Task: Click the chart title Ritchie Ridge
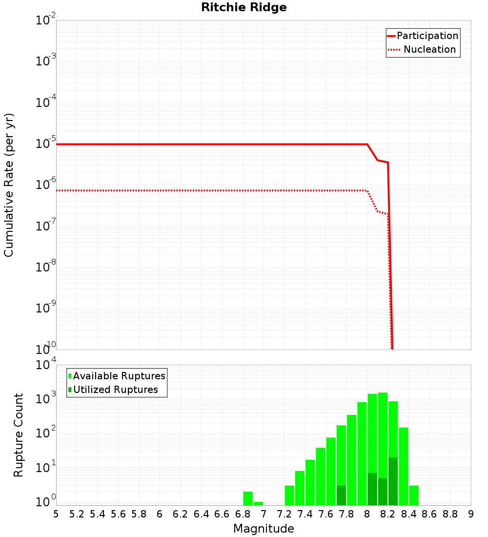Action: click(x=244, y=7)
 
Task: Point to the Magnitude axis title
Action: click(x=264, y=529)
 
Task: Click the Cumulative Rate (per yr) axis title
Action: click(x=9, y=185)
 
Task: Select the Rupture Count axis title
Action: click(x=19, y=435)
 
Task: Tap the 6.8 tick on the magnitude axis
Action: click(x=243, y=514)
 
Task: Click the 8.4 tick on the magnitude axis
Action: click(x=408, y=514)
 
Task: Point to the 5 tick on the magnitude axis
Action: click(x=56, y=514)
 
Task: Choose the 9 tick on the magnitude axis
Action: click(x=470, y=514)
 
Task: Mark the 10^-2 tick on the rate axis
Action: click(x=45, y=21)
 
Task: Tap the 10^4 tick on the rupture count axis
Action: click(x=45, y=365)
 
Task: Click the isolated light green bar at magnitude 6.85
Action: click(x=248, y=498)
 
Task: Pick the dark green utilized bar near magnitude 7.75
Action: click(x=341, y=496)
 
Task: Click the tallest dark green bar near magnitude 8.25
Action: click(x=393, y=481)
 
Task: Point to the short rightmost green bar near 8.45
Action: click(x=414, y=496)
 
